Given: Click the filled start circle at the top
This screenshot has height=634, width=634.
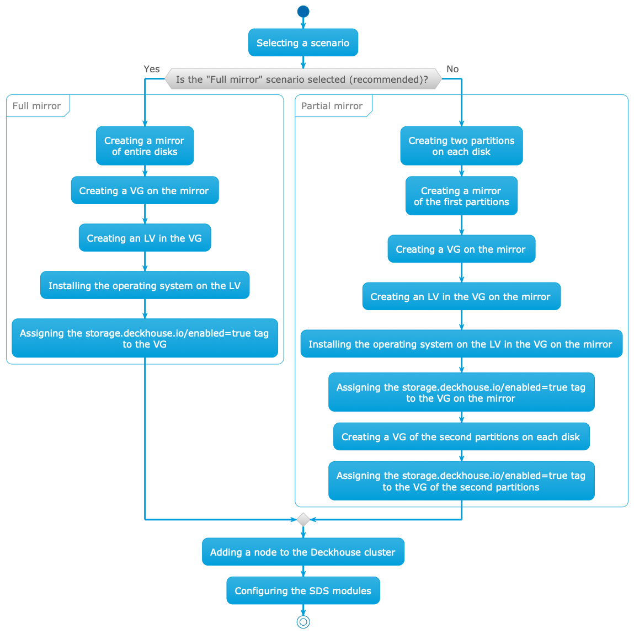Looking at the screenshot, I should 303,11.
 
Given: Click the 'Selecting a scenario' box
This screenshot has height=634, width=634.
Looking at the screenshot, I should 303,42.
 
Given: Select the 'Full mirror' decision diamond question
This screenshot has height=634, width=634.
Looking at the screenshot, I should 303,79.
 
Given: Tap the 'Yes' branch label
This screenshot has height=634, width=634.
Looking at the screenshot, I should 151,69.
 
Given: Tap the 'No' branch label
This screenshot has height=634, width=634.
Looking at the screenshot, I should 452,69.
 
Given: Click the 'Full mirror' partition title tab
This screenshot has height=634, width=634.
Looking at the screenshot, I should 36,106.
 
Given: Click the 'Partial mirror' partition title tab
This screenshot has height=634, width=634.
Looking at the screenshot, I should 332,106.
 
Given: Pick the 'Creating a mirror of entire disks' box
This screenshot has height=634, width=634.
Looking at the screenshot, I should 145,146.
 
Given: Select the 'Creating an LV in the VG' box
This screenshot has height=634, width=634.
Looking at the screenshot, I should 145,238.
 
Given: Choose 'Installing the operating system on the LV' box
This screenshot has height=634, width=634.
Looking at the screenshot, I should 145,285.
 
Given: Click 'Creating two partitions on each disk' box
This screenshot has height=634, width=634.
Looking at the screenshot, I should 461,146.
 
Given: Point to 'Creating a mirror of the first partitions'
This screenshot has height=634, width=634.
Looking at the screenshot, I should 461,196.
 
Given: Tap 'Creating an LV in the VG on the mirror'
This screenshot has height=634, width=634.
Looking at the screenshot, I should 461,296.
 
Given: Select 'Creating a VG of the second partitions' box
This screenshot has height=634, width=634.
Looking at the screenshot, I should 461,437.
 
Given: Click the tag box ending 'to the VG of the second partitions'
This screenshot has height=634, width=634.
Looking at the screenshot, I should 461,481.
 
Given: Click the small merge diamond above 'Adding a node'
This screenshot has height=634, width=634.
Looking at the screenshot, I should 303,519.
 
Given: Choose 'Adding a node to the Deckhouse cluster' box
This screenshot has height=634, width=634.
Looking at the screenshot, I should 303,552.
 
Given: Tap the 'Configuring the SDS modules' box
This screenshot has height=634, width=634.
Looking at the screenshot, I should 303,590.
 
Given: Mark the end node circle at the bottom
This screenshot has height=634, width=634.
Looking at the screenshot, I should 303,622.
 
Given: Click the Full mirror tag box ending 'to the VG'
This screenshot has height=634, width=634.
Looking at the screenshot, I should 145,338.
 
